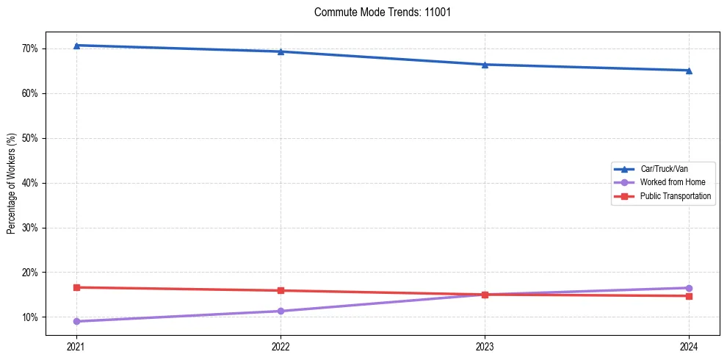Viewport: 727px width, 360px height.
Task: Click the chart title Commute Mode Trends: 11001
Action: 377,12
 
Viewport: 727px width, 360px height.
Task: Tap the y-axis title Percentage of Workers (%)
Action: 12,184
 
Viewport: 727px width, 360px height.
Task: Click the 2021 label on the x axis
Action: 76,345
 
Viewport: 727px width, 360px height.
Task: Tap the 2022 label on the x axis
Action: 281,345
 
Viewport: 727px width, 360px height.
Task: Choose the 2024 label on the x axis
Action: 689,345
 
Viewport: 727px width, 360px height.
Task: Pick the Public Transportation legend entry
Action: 676,196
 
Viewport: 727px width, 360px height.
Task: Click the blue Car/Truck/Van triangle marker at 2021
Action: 76,46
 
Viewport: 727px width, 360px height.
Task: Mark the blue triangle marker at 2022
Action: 281,51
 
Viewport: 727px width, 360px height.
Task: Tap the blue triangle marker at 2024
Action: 689,71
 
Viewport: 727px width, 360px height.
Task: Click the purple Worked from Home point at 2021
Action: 76,321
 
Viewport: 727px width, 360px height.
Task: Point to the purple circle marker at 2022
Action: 281,311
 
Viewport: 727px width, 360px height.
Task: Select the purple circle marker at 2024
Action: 689,288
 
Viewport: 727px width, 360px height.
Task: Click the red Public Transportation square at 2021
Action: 76,287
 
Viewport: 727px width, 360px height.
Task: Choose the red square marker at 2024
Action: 689,296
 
